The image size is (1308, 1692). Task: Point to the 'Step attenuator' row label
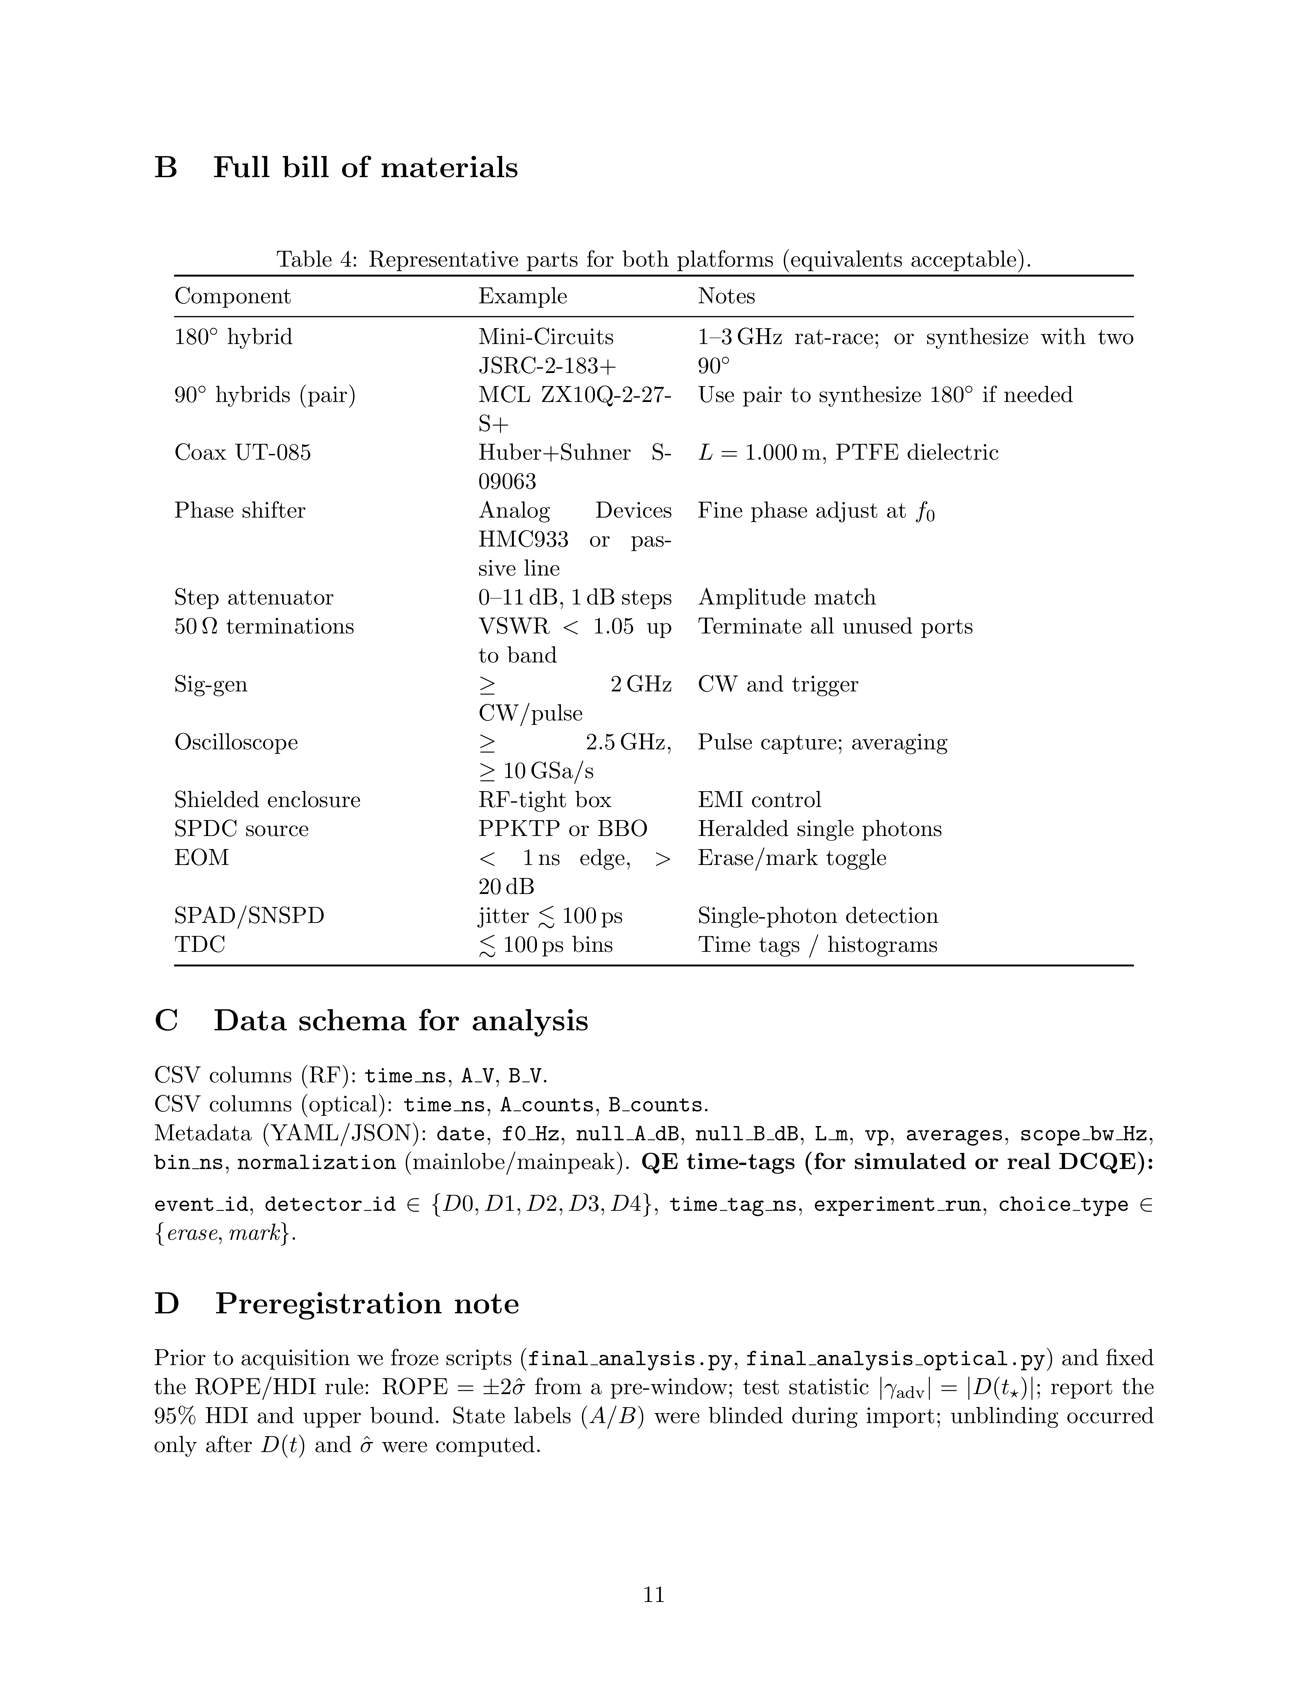pyautogui.click(x=253, y=597)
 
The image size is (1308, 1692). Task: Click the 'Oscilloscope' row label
pyautogui.click(x=235, y=742)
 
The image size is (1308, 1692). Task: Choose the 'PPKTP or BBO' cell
pyautogui.click(x=562, y=829)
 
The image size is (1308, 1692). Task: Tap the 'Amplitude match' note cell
pyautogui.click(x=787, y=597)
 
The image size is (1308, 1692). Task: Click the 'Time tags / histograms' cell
pyautogui.click(x=818, y=944)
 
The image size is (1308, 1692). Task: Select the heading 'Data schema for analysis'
pyautogui.click(x=401, y=1020)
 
